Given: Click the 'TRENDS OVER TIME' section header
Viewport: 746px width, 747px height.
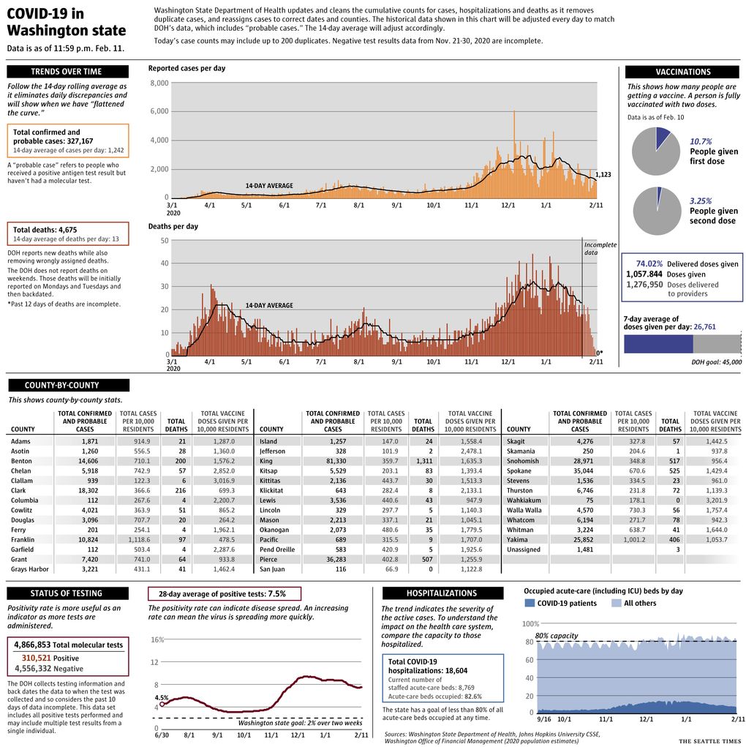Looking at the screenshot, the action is tap(67, 72).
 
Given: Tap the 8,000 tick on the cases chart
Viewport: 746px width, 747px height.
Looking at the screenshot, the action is tap(159, 83).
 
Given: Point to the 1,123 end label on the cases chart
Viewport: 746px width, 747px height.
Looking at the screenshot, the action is tap(603, 174).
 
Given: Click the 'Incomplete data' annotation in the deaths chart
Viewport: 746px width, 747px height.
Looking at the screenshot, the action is tap(600, 248).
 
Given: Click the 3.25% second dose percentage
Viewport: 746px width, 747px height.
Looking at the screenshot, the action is tap(701, 201).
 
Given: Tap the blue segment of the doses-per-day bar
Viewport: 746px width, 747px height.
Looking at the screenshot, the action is tap(658, 344).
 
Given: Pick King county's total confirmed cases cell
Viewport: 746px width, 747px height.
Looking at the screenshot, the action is tap(336, 461).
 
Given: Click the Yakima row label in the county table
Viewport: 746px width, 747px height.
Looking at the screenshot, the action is tap(517, 540).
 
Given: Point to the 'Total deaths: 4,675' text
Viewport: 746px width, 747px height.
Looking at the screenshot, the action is tap(45, 230).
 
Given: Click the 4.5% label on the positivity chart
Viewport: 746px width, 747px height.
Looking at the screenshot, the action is tap(162, 697).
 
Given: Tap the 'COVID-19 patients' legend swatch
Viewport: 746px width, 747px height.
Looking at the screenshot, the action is tap(530, 603).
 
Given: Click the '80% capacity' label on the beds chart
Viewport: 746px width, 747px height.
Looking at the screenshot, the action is tap(557, 636).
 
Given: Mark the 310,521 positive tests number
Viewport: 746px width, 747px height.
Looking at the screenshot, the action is tap(36, 658).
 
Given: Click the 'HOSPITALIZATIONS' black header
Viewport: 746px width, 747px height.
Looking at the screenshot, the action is tap(442, 593).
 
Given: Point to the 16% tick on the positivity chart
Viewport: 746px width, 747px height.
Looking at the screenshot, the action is tap(157, 639).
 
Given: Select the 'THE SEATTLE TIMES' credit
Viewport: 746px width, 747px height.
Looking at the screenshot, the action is tap(709, 741).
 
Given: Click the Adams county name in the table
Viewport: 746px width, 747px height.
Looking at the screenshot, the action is tap(20, 442).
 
